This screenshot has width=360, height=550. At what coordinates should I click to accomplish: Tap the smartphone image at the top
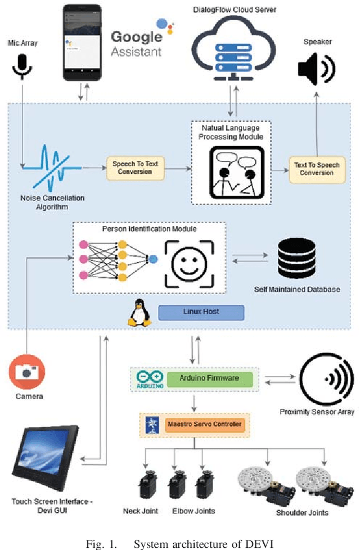(80, 42)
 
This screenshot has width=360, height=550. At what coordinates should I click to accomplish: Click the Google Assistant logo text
(136, 44)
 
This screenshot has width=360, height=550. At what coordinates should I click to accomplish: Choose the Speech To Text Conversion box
(136, 168)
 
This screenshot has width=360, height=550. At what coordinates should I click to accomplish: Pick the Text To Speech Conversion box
(316, 169)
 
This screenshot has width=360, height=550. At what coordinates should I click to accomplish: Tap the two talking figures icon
(232, 170)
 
